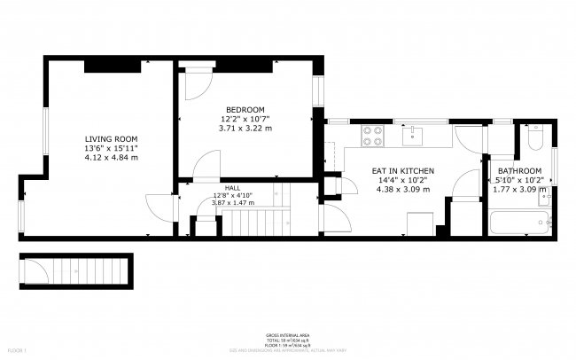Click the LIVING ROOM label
click(x=112, y=138)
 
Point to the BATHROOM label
click(x=518, y=170)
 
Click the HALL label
click(x=232, y=188)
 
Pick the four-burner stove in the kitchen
click(x=373, y=136)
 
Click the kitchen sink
click(x=413, y=135)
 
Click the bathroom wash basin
click(x=546, y=220)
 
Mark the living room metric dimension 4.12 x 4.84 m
click(x=112, y=157)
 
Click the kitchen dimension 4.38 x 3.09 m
click(x=402, y=189)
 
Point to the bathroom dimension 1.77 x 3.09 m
click(x=518, y=189)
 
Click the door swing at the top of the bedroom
click(x=198, y=81)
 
